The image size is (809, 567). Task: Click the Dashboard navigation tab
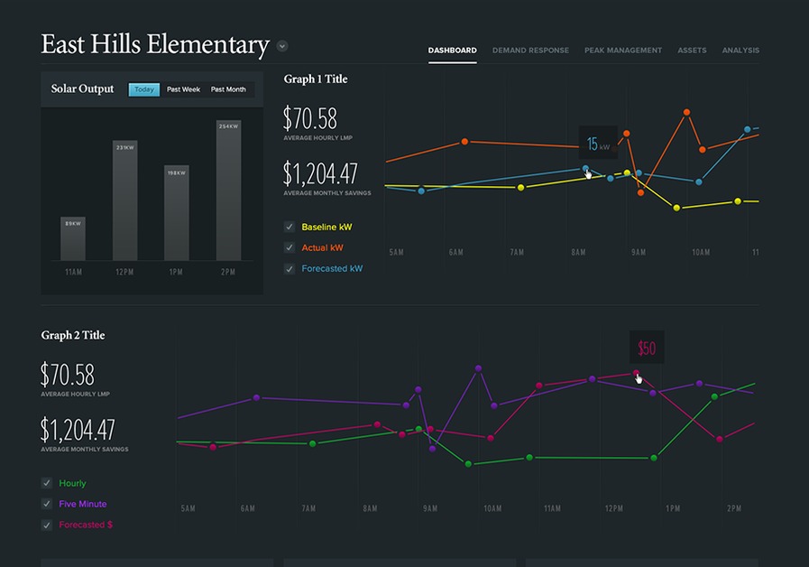tap(452, 51)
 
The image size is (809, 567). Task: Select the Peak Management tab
tap(622, 51)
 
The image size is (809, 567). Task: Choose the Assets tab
tap(692, 51)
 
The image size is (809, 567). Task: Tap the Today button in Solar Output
tap(144, 89)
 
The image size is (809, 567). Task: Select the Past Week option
tap(183, 89)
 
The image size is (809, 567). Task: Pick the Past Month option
tap(228, 89)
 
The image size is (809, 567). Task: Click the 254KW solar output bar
tap(228, 190)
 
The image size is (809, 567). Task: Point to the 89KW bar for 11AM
tap(73, 238)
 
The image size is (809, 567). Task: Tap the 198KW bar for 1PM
tap(177, 212)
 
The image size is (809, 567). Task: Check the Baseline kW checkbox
tap(290, 227)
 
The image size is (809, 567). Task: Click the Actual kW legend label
tap(322, 247)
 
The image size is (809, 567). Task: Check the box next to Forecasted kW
tap(290, 268)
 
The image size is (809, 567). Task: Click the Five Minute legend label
tap(82, 504)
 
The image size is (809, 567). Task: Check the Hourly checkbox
tap(47, 483)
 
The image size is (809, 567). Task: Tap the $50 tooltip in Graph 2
tap(647, 349)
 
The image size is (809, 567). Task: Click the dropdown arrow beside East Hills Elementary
tap(282, 46)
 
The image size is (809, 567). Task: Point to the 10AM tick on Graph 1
tap(701, 253)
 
